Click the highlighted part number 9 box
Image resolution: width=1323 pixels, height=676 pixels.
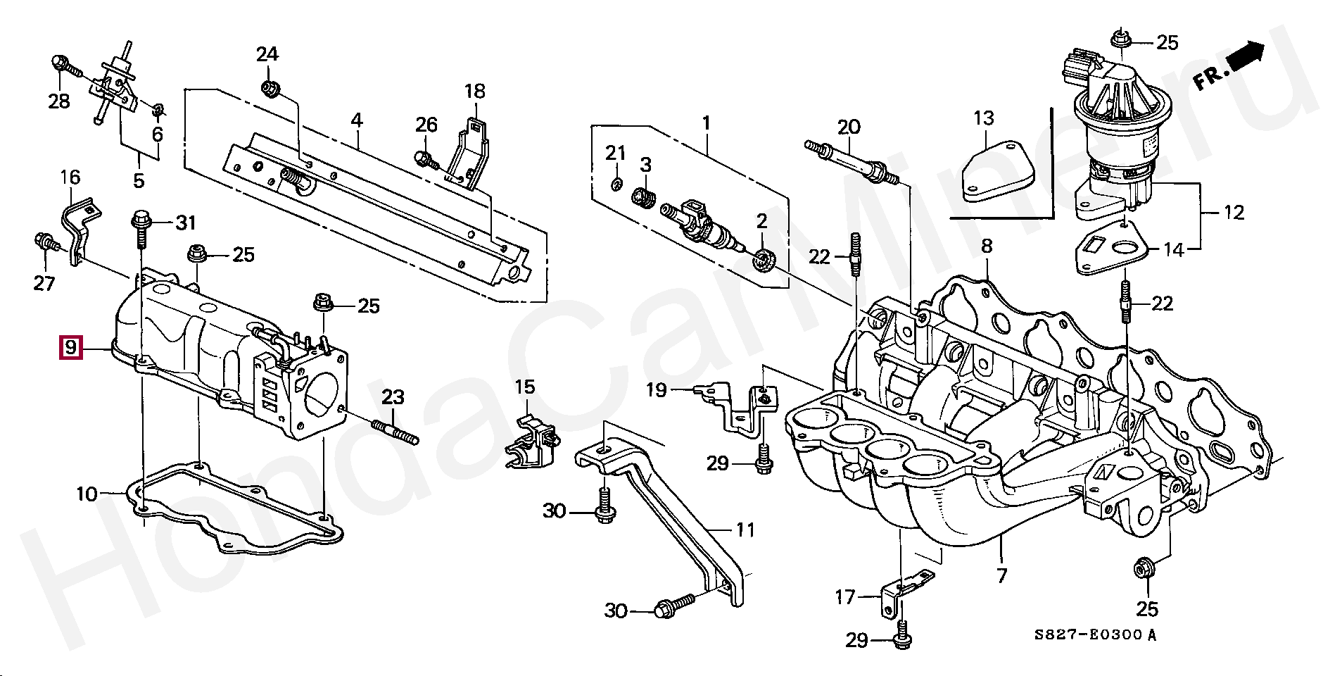click(70, 348)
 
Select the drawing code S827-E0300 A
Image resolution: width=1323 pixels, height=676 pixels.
click(1094, 635)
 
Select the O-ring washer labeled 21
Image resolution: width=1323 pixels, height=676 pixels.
click(615, 184)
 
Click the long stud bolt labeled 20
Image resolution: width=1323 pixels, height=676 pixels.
click(852, 163)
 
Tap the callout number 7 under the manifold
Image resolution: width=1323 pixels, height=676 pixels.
click(1001, 576)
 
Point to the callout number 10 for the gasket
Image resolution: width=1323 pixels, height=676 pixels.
click(87, 494)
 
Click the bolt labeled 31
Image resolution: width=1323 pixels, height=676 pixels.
click(140, 228)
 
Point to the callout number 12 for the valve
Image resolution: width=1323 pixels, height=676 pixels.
click(1234, 213)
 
